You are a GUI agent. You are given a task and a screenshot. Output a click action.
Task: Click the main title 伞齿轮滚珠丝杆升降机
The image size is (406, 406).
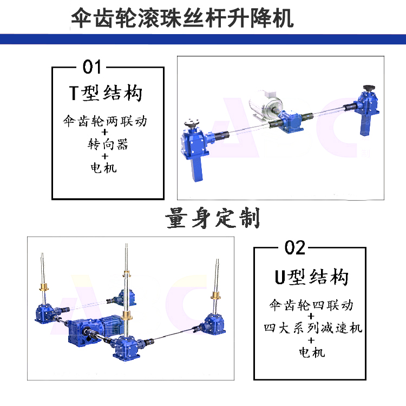pyautogui.click(x=182, y=18)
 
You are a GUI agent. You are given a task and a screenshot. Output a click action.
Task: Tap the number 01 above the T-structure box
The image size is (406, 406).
pyautogui.click(x=91, y=67)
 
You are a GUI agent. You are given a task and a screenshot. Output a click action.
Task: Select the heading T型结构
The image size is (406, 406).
pyautogui.click(x=106, y=93)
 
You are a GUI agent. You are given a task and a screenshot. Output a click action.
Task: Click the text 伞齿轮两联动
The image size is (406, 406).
pyautogui.click(x=105, y=121)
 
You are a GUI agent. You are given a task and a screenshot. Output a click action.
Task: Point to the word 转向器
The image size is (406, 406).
pyautogui.click(x=108, y=144)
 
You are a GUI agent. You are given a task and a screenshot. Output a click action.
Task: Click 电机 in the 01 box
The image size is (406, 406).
pyautogui.click(x=103, y=168)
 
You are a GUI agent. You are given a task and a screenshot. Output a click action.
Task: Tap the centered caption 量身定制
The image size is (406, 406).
pyautogui.click(x=212, y=218)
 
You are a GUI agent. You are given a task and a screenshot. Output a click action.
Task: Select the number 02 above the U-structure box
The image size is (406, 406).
pyautogui.click(x=295, y=248)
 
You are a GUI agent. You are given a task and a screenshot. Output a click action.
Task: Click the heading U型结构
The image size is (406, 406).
pyautogui.click(x=311, y=277)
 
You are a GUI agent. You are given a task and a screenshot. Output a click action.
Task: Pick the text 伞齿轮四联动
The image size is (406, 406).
pyautogui.click(x=311, y=305)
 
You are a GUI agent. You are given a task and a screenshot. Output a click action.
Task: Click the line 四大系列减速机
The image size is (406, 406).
pyautogui.click(x=313, y=329)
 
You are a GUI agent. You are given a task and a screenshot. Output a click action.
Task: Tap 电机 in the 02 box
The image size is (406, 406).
pyautogui.click(x=312, y=352)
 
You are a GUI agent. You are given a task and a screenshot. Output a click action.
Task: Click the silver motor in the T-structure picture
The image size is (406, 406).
pyautogui.click(x=264, y=106)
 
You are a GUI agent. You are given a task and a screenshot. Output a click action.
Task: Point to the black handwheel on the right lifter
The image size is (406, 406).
pyautogui.click(x=369, y=88)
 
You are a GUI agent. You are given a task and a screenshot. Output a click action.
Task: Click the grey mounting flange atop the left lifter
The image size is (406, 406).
pyautogui.click(x=192, y=123)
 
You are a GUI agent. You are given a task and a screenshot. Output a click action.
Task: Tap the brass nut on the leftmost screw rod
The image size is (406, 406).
pyautogui.click(x=44, y=287)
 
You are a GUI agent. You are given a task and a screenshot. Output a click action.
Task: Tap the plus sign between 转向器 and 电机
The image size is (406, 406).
pyautogui.click(x=105, y=156)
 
